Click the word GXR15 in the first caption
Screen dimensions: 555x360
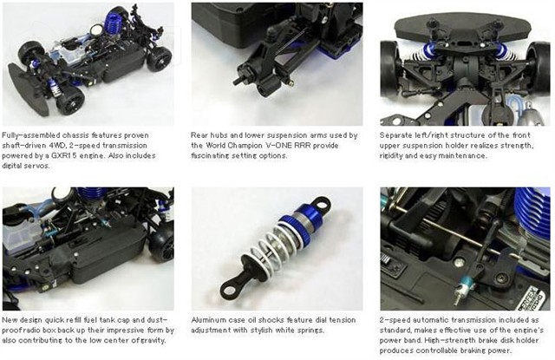coord(62,156)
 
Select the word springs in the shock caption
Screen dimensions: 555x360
coord(311,331)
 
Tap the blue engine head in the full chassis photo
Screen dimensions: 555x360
coord(114,23)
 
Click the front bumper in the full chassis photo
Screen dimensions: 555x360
coord(29,91)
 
